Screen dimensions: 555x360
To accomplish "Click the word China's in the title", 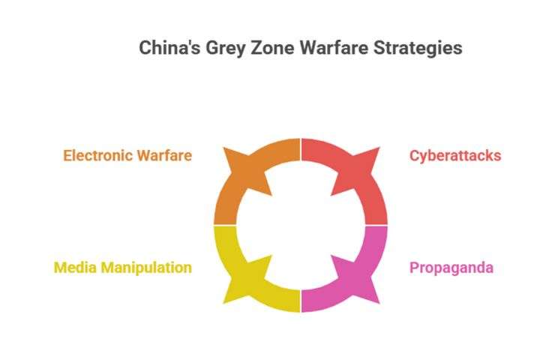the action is coord(169,47).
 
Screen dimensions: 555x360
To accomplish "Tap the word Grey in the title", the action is coord(226,49).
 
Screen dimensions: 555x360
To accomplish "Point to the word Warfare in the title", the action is coord(334,48).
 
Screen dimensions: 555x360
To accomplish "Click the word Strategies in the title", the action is coord(418,49).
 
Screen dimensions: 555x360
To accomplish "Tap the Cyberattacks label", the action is coord(455,156).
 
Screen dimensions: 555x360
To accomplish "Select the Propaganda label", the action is coord(451,268).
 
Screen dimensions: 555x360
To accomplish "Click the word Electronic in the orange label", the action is coord(97,155).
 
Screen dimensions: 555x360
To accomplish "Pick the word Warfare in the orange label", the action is coord(164,155).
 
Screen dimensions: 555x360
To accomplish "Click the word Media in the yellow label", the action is coord(75,267).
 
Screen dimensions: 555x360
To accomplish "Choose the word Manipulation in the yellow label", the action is coord(146,268).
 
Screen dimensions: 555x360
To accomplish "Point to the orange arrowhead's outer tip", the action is coord(223,148).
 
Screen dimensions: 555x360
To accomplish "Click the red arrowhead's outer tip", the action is coord(379,147).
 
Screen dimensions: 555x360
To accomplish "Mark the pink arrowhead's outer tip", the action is coord(379,304).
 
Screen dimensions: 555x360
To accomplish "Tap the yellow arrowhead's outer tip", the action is coord(223,304).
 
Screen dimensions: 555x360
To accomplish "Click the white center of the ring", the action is coord(301,225).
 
